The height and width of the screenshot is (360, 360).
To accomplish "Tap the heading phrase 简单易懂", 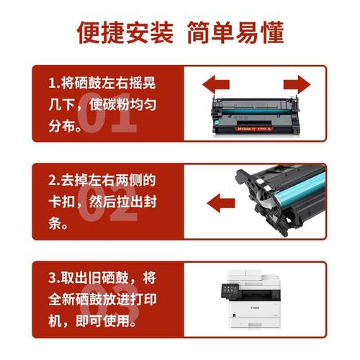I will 235,32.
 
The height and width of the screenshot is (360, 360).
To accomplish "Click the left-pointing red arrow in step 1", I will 219,85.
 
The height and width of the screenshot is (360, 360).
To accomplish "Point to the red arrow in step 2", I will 219,199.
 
